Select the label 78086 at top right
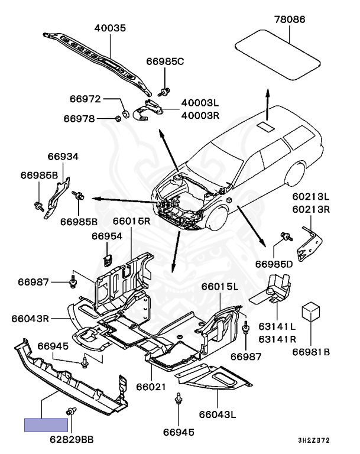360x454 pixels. pyautogui.click(x=289, y=20)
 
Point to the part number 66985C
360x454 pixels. pyautogui.click(x=166, y=61)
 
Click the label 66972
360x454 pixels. pyautogui.click(x=86, y=99)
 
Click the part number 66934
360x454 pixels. pyautogui.click(x=63, y=157)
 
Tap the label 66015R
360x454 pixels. pyautogui.click(x=132, y=222)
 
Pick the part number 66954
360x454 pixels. pyautogui.click(x=106, y=236)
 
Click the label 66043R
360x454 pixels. pyautogui.click(x=30, y=319)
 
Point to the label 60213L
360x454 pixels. pyautogui.click(x=311, y=196)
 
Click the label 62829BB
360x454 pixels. pyautogui.click(x=71, y=439)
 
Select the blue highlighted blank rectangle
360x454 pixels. pyautogui.click(x=46, y=425)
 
